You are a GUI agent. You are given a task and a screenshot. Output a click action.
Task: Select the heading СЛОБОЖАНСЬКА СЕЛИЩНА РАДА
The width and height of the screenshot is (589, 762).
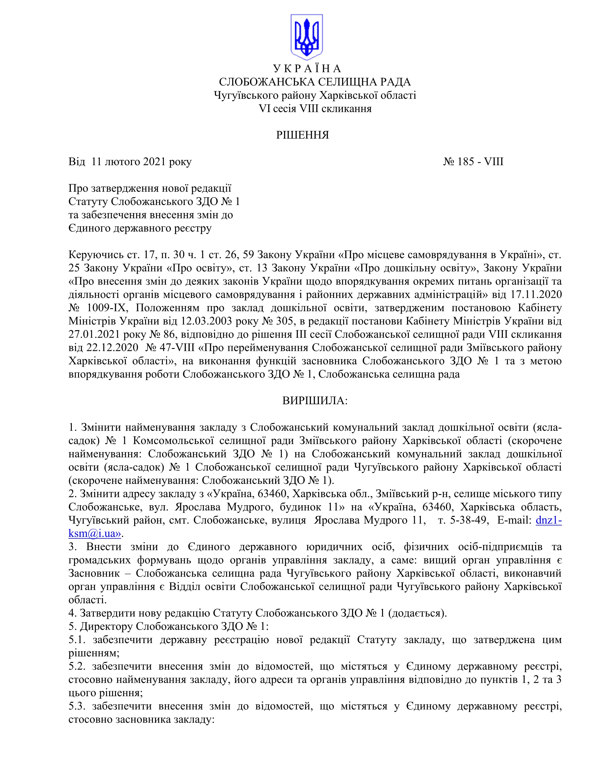(315, 82)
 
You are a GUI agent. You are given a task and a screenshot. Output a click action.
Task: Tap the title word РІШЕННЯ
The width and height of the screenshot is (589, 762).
(303, 135)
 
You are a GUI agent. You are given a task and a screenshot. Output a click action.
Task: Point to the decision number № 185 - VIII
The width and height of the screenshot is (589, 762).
(473, 162)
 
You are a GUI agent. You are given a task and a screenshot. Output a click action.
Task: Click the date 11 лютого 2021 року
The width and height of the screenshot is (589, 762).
(141, 162)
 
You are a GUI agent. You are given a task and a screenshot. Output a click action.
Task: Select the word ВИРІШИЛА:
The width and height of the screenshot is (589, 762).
(315, 401)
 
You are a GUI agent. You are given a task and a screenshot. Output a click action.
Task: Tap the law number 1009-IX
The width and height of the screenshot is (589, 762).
(108, 308)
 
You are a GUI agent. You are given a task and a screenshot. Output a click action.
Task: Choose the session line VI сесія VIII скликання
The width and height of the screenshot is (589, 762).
(315, 109)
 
